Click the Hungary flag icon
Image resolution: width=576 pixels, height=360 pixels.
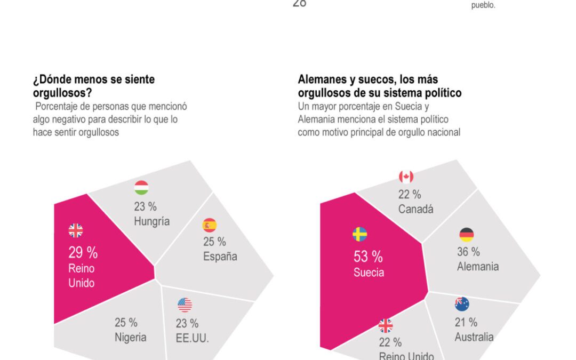141,188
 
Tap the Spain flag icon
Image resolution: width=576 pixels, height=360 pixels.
210,225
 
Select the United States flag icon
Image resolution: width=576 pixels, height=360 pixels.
185,305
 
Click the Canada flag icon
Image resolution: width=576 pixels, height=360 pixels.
406,177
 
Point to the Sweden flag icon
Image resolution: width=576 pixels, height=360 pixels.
359,234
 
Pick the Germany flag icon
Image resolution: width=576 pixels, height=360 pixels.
466,235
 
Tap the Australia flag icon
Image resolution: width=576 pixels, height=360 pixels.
462,304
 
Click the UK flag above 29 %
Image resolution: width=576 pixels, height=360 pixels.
76,230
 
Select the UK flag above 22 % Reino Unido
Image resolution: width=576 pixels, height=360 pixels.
385,325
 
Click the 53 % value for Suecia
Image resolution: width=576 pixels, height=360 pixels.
368,257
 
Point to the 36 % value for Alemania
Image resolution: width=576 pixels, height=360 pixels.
468,252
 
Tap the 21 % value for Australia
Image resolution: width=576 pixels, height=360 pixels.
466,322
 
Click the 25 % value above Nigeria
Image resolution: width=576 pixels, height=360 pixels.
126,322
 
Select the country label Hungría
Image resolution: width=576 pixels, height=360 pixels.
152,221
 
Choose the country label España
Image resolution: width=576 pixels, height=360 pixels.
220,257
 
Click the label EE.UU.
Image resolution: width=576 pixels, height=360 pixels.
192,338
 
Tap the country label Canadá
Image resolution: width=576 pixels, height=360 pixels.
416,209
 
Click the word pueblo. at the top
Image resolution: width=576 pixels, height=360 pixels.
483,5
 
